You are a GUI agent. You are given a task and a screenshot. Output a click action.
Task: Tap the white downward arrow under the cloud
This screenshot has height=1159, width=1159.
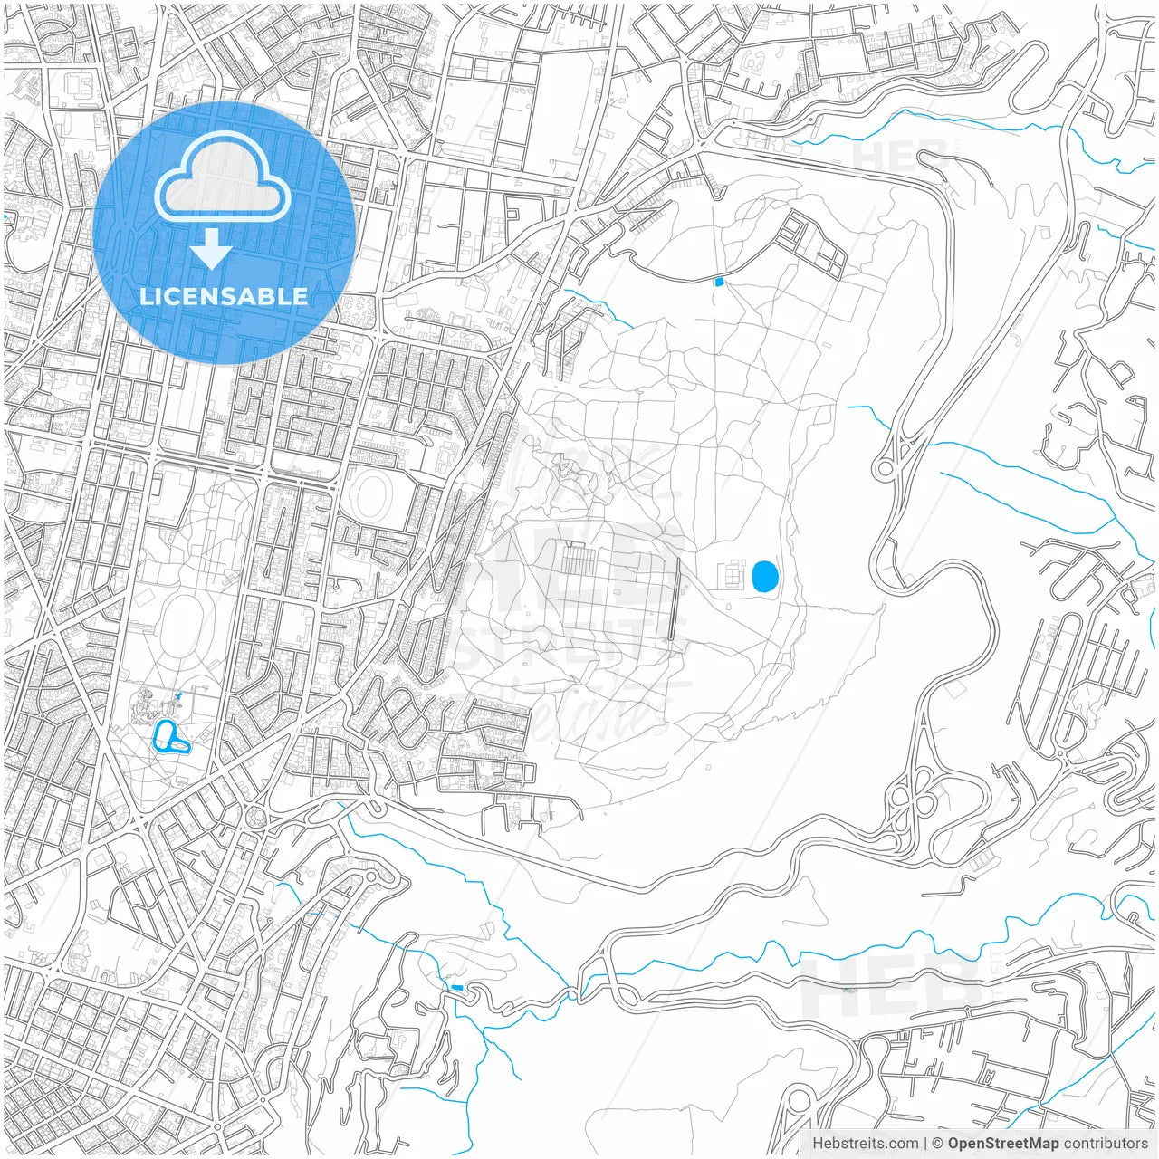(x=212, y=248)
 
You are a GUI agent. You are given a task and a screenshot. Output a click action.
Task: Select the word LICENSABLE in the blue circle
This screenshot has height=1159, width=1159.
(x=224, y=297)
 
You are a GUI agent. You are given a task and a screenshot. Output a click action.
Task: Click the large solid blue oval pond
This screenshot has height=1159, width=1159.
(x=764, y=576)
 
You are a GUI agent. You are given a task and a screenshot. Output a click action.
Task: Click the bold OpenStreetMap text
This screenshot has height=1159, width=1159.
(x=1002, y=1144)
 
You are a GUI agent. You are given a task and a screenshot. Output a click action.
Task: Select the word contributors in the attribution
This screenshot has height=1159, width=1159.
(x=1106, y=1144)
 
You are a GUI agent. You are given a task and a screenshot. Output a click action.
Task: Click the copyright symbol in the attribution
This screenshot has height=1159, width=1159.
(x=938, y=1144)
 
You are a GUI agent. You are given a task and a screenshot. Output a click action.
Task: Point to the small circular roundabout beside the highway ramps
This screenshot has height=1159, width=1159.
(x=884, y=469)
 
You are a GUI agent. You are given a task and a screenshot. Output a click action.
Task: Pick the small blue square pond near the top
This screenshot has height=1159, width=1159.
(x=719, y=283)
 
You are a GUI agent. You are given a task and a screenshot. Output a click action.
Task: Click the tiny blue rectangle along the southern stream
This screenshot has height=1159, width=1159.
(x=456, y=987)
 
